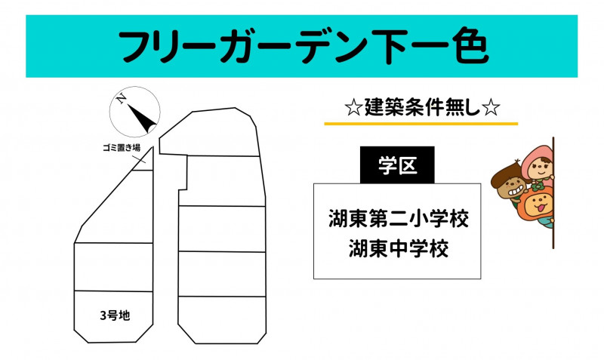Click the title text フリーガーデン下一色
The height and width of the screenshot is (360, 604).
coord(304,46)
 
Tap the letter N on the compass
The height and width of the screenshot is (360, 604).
coord(121,99)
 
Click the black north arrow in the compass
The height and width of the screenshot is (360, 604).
coord(142,118)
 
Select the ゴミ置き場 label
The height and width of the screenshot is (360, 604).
coord(122,147)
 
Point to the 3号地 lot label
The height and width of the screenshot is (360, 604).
coord(115,315)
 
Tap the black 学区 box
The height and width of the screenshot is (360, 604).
coord(397,165)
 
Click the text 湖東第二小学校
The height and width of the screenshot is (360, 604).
coord(399,218)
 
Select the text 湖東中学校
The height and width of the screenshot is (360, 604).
coord(399,248)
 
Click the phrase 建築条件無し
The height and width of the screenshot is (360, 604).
coord(423,107)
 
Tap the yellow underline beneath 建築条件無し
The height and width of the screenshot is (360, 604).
coord(421,124)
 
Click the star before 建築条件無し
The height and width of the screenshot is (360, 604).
coord(353,108)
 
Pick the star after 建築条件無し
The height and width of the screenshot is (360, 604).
coord(491,108)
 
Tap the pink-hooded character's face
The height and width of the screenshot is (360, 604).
coord(541,168)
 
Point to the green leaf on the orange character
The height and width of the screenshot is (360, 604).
coord(536,187)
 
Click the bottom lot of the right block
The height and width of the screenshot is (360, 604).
coord(222,319)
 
